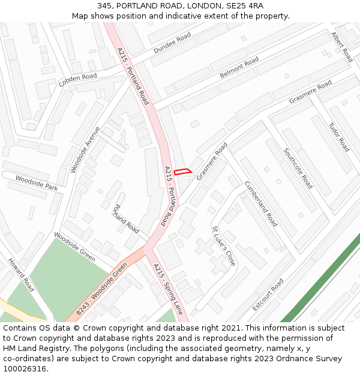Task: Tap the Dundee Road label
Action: pyautogui.click(x=172, y=43)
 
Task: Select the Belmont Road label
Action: pyautogui.click(x=239, y=68)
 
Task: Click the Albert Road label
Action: pyautogui.click(x=342, y=47)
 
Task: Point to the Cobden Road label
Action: pyautogui.click(x=77, y=80)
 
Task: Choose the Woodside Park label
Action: pyautogui.click(x=37, y=183)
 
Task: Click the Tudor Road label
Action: pyautogui.click(x=339, y=137)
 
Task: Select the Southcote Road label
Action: pyautogui.click(x=298, y=168)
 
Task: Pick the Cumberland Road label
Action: pyautogui.click(x=261, y=203)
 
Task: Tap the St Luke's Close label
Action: pyautogui.click(x=224, y=246)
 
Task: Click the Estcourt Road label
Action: pyautogui.click(x=268, y=294)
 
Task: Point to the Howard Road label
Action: pyautogui.click(x=21, y=274)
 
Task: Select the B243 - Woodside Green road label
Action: pyautogui.click(x=102, y=289)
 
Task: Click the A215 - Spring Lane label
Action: pyautogui.click(x=168, y=290)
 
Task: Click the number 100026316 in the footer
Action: pyautogui.click(x=26, y=368)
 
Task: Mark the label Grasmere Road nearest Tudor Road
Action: pyautogui.click(x=310, y=92)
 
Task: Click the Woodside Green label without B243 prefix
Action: pyautogui.click(x=74, y=247)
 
